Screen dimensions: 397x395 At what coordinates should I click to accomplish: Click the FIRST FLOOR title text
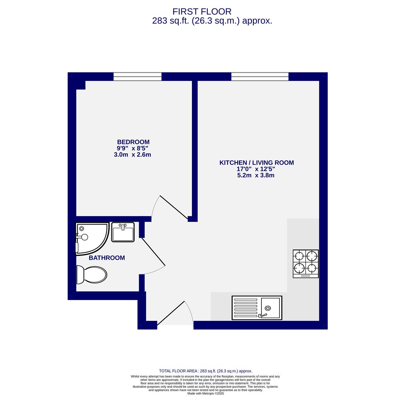pyautogui.click(x=202, y=12)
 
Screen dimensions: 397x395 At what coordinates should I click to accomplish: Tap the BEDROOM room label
pyautogui.click(x=133, y=142)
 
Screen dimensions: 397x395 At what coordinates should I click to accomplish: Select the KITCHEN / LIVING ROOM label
pyautogui.click(x=256, y=162)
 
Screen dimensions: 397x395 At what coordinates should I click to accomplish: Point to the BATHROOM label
pyautogui.click(x=107, y=258)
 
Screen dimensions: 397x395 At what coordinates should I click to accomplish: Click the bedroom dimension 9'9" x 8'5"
pyautogui.click(x=132, y=149)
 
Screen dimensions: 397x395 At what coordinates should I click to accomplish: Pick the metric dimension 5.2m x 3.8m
pyautogui.click(x=256, y=175)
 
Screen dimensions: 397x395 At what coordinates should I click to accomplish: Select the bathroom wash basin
pyautogui.click(x=123, y=232)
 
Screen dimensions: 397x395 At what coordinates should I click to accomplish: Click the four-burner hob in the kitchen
pyautogui.click(x=305, y=264)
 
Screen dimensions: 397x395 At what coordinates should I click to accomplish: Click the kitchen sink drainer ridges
pyautogui.click(x=246, y=308)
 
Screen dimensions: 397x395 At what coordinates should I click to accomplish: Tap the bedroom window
pyautogui.click(x=137, y=76)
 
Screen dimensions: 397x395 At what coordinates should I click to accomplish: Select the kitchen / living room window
pyautogui.click(x=260, y=76)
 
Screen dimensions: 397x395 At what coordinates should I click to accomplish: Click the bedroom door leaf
pyautogui.click(x=174, y=207)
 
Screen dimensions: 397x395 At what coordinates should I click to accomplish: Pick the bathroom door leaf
pyautogui.click(x=153, y=252)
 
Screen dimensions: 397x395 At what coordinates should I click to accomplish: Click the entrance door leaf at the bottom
pyautogui.click(x=171, y=313)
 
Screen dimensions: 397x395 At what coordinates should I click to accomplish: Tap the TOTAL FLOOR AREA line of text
pyautogui.click(x=206, y=371)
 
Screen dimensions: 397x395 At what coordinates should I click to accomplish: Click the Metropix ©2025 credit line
pyautogui.click(x=206, y=393)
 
